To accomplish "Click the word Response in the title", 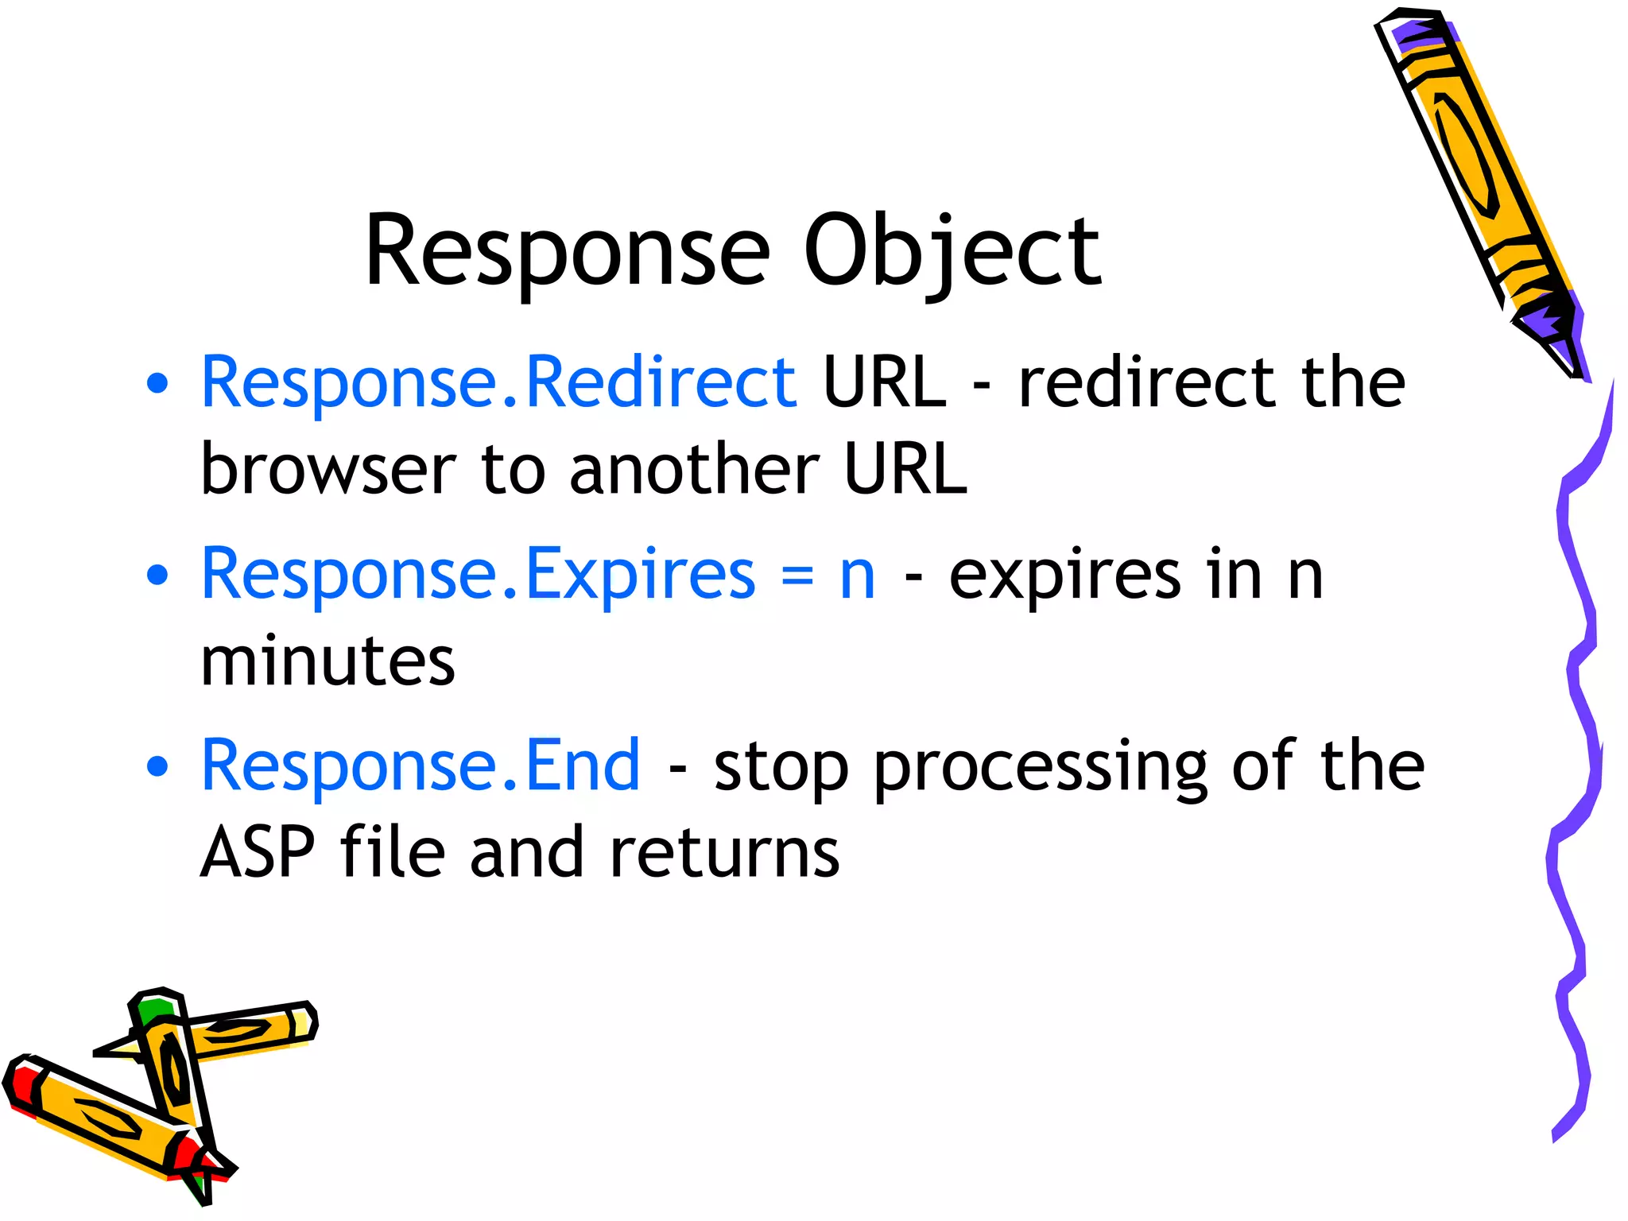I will click(567, 253).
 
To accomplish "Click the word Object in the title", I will click(952, 253).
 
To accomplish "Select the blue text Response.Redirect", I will click(498, 383).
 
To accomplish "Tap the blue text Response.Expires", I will click(478, 575).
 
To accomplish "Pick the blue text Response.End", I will click(421, 766).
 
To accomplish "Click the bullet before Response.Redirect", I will click(158, 384).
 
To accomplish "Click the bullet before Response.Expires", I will click(158, 575).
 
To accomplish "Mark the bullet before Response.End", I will click(158, 766).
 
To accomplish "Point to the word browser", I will click(328, 469).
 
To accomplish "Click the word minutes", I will click(328, 661).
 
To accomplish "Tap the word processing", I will click(1040, 767).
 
